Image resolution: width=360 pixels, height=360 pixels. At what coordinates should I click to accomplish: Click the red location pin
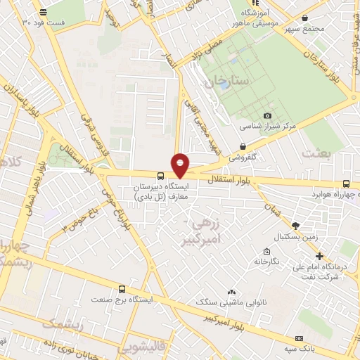point(181,165)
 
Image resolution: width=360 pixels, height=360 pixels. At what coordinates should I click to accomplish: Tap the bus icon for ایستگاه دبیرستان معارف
point(162,176)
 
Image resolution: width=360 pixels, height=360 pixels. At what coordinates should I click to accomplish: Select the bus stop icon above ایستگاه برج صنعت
point(123,288)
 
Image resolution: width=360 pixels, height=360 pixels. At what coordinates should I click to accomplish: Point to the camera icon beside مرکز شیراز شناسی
point(267,115)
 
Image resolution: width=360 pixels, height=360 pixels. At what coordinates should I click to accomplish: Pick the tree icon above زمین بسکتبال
point(295,225)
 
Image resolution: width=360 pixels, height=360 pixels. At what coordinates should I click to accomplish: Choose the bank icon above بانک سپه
point(300,338)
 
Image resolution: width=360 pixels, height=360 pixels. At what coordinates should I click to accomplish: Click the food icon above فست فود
point(44,12)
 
